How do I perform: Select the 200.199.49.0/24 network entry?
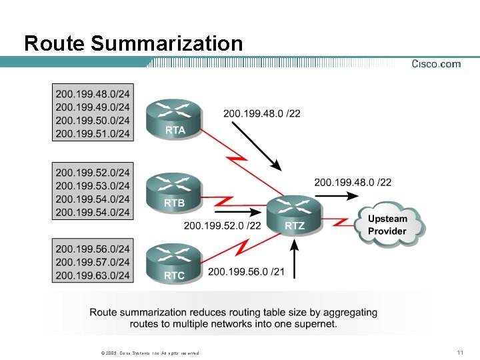pos(93,107)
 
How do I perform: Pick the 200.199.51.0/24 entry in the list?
pos(93,134)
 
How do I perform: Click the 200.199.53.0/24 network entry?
pos(93,185)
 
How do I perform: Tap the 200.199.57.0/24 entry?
pos(93,262)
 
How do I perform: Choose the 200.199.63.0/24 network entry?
pos(93,275)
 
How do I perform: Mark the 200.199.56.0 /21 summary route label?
pos(245,271)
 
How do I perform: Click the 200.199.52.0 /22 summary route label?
pos(222,226)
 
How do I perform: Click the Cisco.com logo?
pos(436,64)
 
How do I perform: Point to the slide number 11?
pos(459,352)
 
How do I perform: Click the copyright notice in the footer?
pos(146,353)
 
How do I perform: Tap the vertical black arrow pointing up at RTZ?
pos(293,259)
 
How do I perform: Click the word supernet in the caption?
pos(315,324)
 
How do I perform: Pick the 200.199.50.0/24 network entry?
pos(93,121)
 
